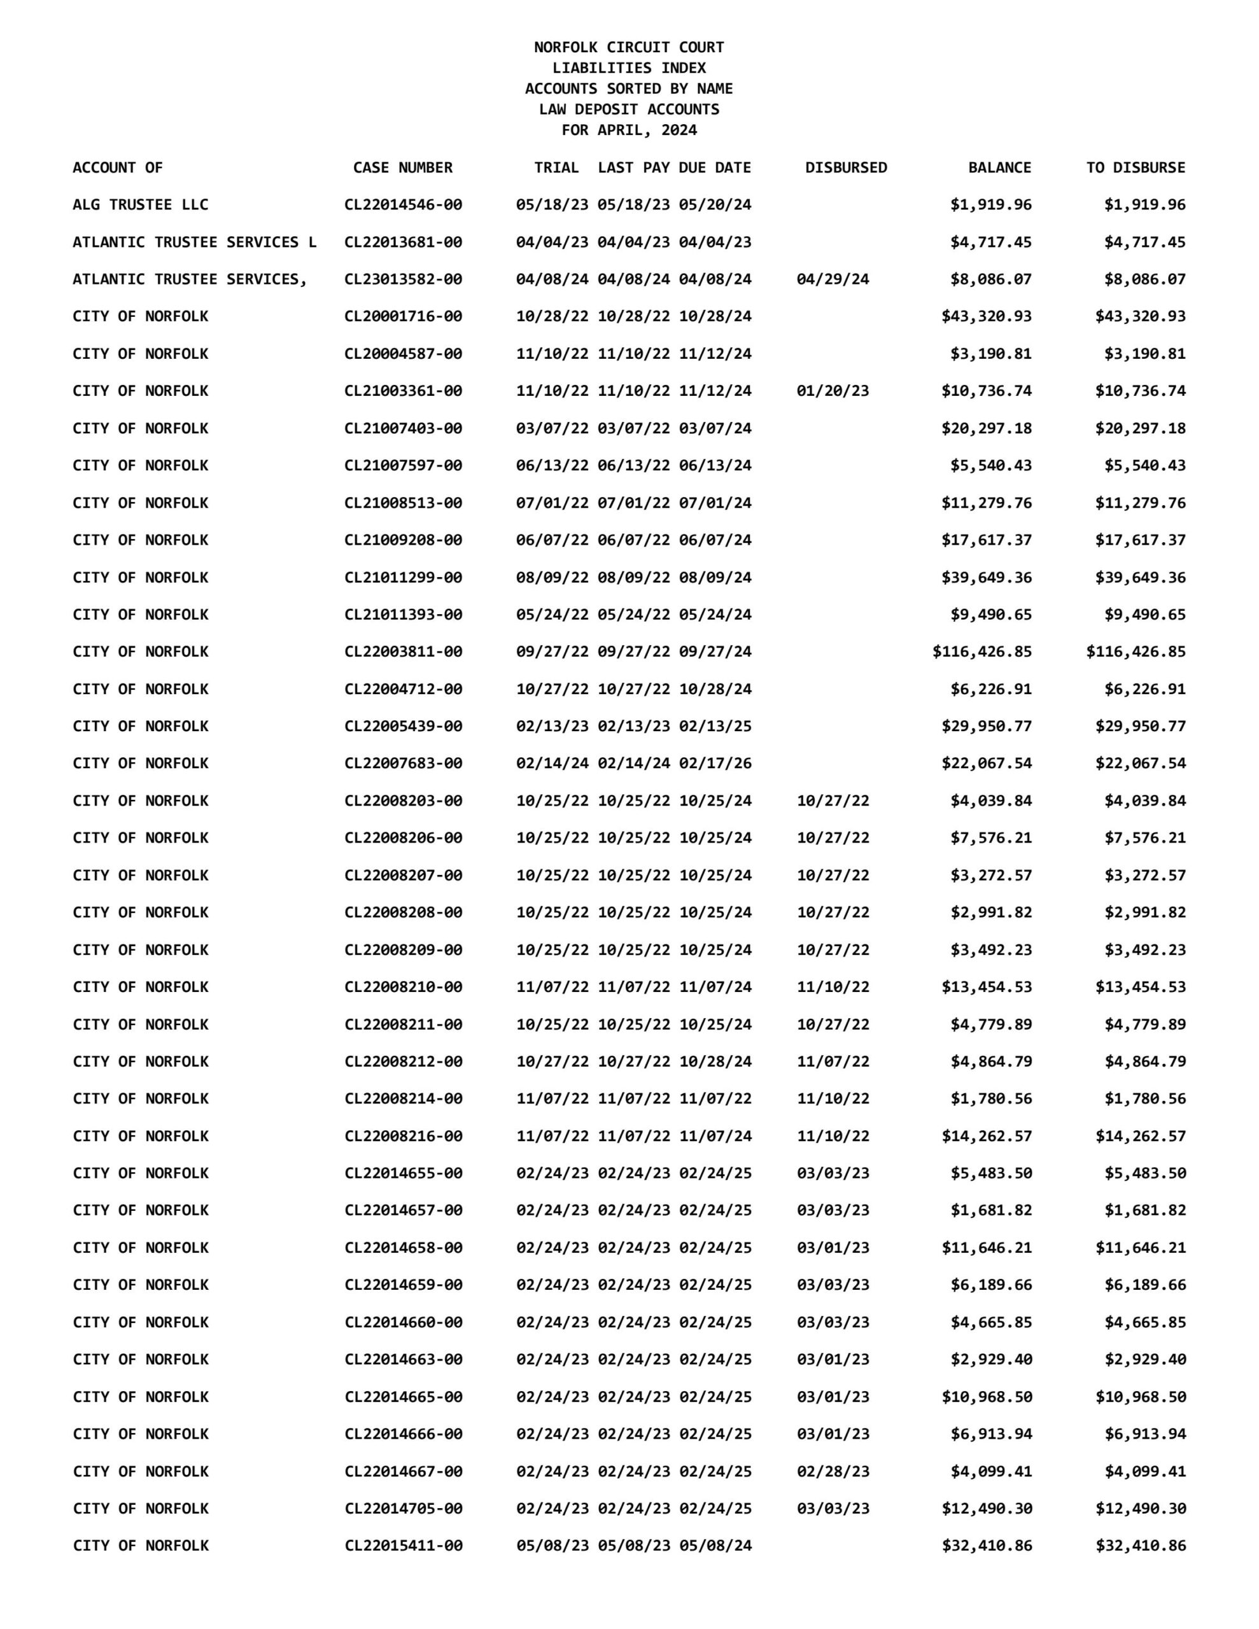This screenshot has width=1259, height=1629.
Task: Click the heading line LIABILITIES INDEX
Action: (x=628, y=68)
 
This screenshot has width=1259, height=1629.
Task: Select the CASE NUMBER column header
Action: (x=402, y=168)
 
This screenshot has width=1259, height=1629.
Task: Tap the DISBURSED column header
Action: (x=845, y=168)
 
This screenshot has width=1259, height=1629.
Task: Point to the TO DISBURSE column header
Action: (x=1135, y=168)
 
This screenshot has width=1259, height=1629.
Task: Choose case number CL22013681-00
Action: (x=403, y=242)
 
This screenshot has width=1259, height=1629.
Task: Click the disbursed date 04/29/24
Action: (x=833, y=279)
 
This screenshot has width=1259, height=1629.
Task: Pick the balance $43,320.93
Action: (x=987, y=316)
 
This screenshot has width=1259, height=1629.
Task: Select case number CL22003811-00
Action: (x=403, y=651)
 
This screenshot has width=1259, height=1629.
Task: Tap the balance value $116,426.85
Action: (x=981, y=651)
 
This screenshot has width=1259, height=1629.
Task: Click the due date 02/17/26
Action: (x=715, y=763)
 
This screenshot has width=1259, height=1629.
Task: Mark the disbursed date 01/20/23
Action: (x=833, y=391)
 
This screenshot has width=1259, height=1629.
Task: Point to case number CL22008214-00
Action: (x=403, y=1098)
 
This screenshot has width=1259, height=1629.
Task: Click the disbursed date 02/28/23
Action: (x=833, y=1471)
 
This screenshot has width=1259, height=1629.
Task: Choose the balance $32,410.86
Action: (x=987, y=1546)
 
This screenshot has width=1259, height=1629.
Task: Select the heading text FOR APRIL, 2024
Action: (x=629, y=130)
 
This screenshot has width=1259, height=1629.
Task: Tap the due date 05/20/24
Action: (x=715, y=204)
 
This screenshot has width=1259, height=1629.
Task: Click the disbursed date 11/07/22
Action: (x=833, y=1061)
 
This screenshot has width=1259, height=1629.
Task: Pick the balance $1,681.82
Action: (x=991, y=1210)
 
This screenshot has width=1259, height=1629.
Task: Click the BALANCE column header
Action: (x=999, y=168)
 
